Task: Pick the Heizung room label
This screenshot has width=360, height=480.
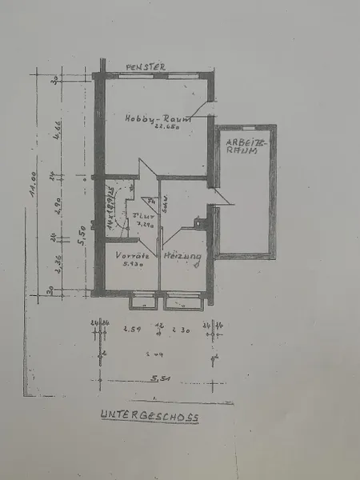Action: pyautogui.click(x=182, y=256)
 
